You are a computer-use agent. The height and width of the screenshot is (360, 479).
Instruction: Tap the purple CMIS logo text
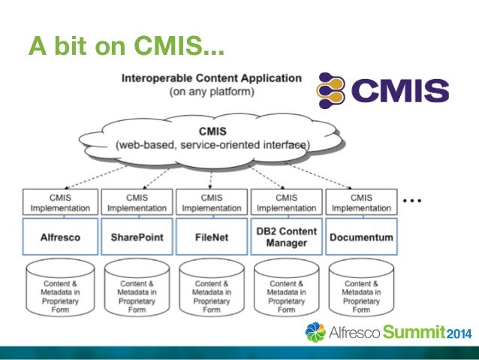click(402, 92)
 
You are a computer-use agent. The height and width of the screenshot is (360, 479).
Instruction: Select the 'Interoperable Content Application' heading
click(212, 78)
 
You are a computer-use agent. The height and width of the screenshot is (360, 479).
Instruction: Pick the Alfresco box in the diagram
click(61, 237)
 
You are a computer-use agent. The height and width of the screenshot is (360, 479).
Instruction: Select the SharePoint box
click(137, 237)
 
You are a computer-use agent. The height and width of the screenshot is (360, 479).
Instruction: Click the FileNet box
click(211, 237)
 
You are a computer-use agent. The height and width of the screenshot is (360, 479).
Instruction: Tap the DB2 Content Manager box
click(286, 237)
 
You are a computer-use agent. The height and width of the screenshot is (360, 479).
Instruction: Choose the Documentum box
click(360, 237)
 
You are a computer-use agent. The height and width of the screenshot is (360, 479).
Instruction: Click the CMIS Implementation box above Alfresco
click(61, 202)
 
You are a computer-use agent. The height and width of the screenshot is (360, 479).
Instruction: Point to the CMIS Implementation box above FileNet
click(211, 202)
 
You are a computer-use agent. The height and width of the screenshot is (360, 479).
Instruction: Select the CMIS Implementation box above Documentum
click(360, 202)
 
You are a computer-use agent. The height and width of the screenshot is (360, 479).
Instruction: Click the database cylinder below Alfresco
click(61, 289)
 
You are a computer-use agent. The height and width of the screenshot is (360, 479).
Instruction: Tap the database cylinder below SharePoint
click(137, 289)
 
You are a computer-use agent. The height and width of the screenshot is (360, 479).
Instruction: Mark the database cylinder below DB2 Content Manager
click(286, 289)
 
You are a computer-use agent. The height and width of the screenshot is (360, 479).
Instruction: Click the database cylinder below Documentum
click(360, 289)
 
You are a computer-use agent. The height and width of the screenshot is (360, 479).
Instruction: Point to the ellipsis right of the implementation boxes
click(415, 202)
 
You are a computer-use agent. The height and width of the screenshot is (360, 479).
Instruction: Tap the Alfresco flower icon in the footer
click(316, 331)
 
